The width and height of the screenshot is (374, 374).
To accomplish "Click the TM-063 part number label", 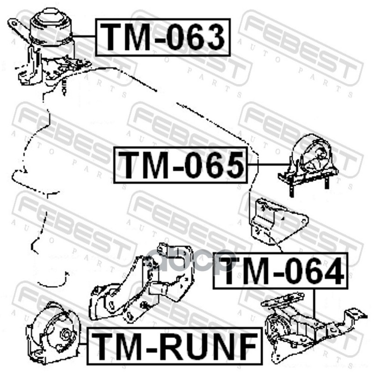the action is click(163, 37).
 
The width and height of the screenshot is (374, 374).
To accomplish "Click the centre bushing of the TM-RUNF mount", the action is click(65, 335).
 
